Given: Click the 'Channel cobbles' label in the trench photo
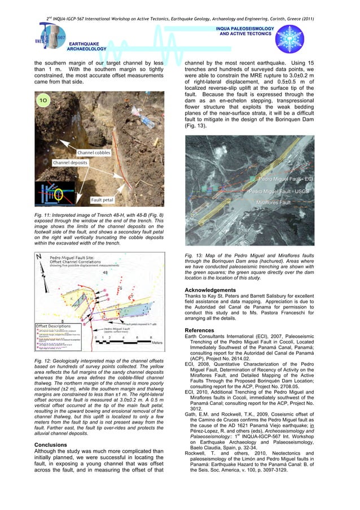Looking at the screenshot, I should (x=95, y=152).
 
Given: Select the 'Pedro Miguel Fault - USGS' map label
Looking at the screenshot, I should (x=280, y=191).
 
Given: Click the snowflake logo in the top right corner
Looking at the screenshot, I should (x=289, y=39).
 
